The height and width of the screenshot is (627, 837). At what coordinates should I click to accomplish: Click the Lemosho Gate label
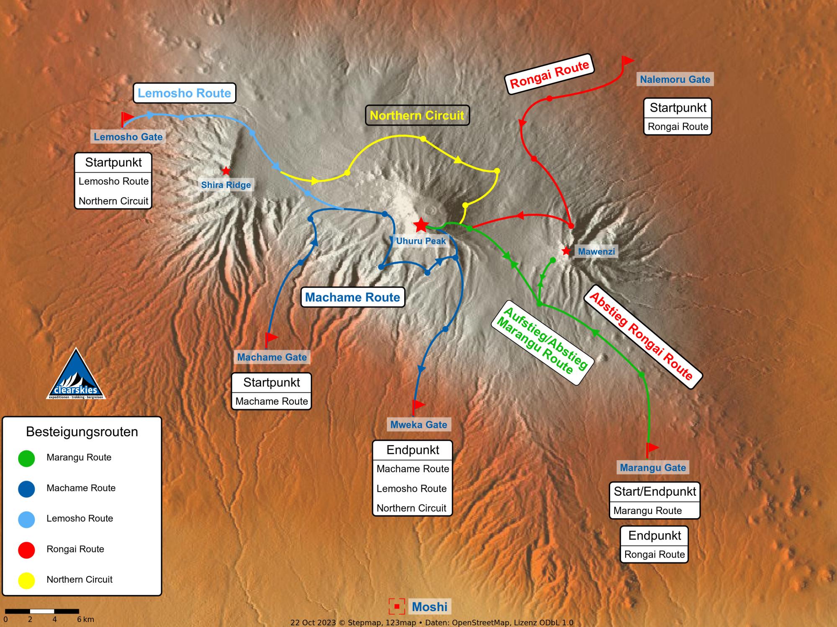click(x=128, y=137)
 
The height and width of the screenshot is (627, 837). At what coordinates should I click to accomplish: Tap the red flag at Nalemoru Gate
click(x=627, y=61)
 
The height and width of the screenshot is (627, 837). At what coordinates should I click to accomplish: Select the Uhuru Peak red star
click(x=421, y=225)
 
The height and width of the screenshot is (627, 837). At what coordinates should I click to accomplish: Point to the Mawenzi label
click(x=596, y=251)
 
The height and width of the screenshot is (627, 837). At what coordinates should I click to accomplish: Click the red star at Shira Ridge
click(x=226, y=171)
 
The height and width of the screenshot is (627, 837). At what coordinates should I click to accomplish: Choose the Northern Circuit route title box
click(x=417, y=115)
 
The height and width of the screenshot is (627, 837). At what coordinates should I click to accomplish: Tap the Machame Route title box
click(x=353, y=297)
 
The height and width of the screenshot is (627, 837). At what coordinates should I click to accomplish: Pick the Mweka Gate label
click(x=418, y=425)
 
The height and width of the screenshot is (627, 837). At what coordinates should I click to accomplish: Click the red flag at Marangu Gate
click(x=652, y=448)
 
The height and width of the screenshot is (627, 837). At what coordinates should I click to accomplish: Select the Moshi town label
click(x=430, y=607)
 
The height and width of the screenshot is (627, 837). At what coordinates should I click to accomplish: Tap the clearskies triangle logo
click(x=76, y=375)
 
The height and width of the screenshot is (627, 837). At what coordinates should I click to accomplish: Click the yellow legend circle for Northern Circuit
click(x=26, y=580)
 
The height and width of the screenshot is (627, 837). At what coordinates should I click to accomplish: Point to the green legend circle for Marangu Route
click(x=26, y=458)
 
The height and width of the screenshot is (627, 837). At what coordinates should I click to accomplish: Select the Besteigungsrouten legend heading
click(x=82, y=432)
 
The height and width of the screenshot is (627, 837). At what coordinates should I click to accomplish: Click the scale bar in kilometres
click(x=42, y=611)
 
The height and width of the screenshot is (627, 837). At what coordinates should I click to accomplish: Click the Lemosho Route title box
click(x=185, y=93)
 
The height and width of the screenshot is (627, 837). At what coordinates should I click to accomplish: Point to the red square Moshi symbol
click(x=397, y=607)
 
